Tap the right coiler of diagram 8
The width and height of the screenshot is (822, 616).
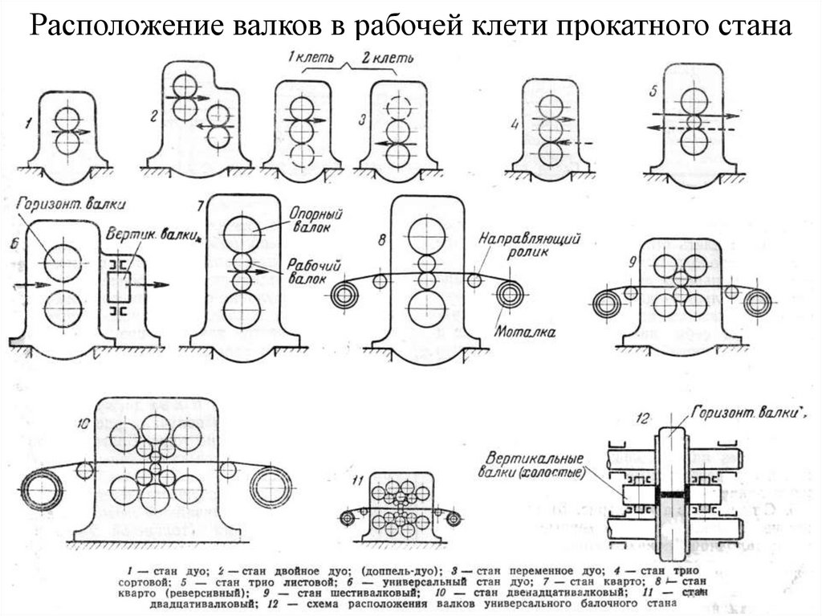point(508,295)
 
